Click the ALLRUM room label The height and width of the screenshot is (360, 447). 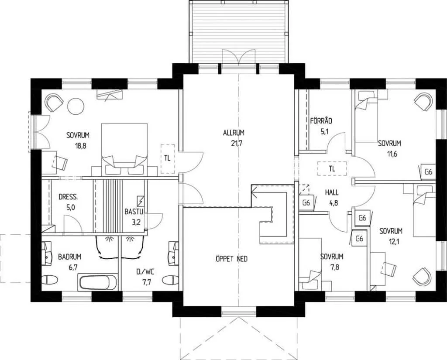(234, 133)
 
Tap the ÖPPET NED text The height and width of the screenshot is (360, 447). (231, 259)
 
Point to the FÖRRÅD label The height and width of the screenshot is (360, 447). (321, 121)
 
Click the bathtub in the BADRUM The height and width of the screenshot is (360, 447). (97, 283)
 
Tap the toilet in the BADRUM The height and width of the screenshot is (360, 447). (50, 280)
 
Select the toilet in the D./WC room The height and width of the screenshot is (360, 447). (171, 280)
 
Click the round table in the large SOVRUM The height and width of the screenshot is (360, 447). (76, 106)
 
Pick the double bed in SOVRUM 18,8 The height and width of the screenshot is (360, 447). (124, 148)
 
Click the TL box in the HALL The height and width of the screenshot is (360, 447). (332, 169)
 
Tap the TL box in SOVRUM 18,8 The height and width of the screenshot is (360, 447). (167, 159)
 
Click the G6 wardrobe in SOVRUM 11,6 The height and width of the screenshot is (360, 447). (429, 172)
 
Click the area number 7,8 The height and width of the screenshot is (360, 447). (335, 267)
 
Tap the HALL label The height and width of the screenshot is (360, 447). (332, 192)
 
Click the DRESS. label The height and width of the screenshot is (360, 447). (68, 197)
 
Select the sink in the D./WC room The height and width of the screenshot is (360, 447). (173, 254)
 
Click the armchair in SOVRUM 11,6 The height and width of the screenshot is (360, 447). (424, 102)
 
